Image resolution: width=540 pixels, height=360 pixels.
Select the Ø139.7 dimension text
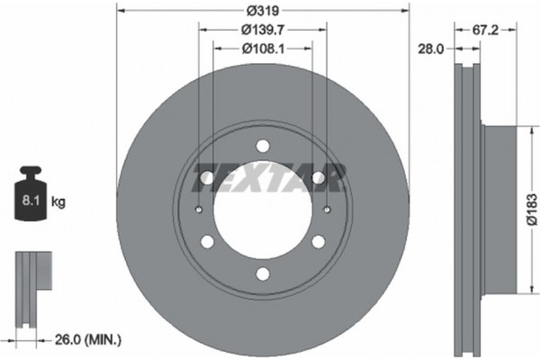pyautogui.click(x=262, y=31)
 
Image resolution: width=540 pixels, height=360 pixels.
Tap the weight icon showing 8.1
pyautogui.click(x=31, y=199)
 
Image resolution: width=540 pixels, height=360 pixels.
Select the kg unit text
pyautogui.click(x=59, y=202)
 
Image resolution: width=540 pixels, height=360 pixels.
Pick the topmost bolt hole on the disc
pyautogui.click(x=262, y=146)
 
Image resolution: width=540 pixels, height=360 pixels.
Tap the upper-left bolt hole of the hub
pyautogui.click(x=207, y=178)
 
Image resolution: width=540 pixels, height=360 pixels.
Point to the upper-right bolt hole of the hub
pyautogui.click(x=318, y=178)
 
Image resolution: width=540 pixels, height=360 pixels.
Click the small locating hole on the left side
pyautogui.click(x=198, y=210)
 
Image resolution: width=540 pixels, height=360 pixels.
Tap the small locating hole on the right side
pyautogui.click(x=327, y=210)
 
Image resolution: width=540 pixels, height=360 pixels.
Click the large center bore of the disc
pyautogui.click(x=262, y=210)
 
